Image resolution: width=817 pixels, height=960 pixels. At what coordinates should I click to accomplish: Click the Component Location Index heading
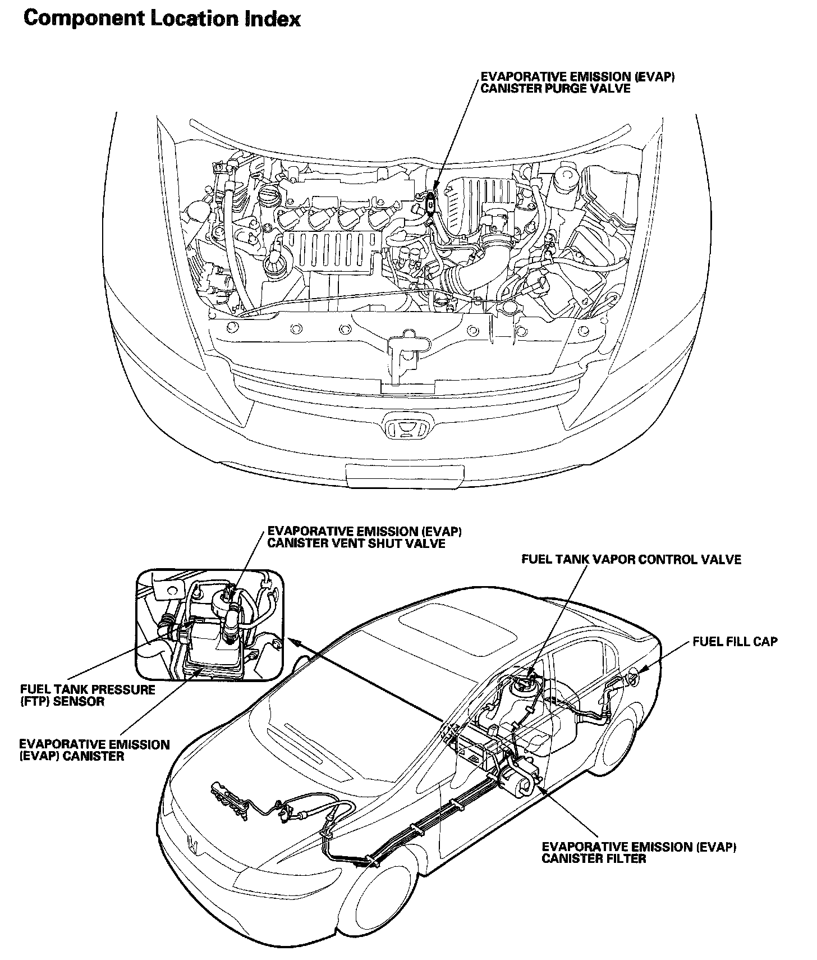coord(163,19)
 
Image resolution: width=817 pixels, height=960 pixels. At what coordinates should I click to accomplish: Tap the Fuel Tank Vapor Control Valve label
coord(631,559)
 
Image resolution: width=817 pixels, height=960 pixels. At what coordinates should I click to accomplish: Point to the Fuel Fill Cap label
coord(735,642)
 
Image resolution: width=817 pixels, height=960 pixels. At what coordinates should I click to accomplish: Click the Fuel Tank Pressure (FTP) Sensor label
coord(88,695)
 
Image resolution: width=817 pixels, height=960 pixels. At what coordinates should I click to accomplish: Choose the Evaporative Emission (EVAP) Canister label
coord(94,750)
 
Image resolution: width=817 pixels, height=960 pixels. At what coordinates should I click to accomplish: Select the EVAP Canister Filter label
coord(639,852)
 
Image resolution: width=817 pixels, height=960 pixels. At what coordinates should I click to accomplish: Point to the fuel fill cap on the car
coord(633,679)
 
